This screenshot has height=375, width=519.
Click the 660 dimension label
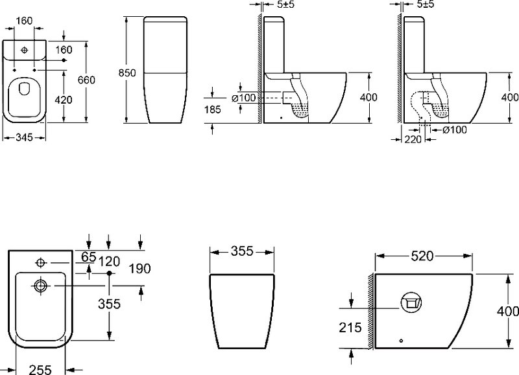pos(86,80)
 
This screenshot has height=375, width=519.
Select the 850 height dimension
pos(127,73)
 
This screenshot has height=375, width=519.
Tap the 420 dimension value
pos(63,100)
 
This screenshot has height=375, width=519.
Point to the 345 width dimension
pos(24,137)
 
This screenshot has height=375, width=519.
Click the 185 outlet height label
pos(212,109)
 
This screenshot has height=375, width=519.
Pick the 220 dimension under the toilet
pos(413,139)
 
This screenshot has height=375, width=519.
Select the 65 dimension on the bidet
pos(88,256)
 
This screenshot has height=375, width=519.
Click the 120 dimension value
pos(109,262)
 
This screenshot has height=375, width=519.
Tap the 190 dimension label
pos(139,269)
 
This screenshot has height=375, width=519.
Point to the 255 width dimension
pos(40,369)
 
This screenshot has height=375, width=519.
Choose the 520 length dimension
pos(422,256)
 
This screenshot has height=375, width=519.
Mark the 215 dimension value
pos(350,328)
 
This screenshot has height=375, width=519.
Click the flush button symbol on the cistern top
pos(24,50)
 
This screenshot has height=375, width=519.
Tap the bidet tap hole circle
pos(40,263)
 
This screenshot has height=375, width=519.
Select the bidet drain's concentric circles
pos(41,286)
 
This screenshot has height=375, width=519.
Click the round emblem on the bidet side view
pos(411,302)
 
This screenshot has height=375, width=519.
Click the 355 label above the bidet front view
pos(242,251)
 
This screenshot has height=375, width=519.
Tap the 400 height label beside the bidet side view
pos(508,311)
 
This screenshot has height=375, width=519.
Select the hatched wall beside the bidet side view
pos(371,312)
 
